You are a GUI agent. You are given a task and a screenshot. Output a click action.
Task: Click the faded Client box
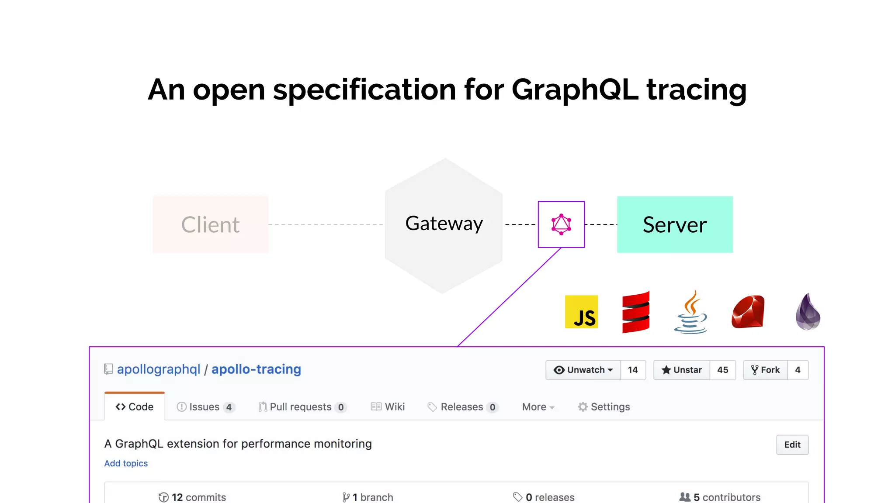(x=211, y=224)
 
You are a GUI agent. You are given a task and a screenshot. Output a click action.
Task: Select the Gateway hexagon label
(x=444, y=224)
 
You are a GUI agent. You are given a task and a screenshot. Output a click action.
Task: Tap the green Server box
(x=675, y=224)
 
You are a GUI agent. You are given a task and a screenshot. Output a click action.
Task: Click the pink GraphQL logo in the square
(x=561, y=224)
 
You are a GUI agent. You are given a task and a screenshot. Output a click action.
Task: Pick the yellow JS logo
(x=581, y=312)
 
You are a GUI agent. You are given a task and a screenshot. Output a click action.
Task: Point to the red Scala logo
(x=636, y=312)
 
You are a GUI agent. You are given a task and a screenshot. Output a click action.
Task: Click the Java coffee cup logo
(x=690, y=313)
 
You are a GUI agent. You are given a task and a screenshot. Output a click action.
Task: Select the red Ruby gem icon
(x=748, y=312)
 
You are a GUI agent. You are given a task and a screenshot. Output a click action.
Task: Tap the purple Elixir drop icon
(x=808, y=312)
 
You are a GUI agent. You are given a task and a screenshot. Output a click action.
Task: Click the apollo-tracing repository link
(x=256, y=369)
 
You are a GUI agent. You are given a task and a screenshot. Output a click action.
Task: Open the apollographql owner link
(x=159, y=369)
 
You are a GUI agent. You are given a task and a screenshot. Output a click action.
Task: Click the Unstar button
(x=682, y=370)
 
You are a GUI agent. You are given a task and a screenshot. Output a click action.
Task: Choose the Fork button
(x=766, y=370)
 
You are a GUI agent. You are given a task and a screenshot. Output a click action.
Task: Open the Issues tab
(x=204, y=407)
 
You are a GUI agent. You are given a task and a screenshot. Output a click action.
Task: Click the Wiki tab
(x=388, y=407)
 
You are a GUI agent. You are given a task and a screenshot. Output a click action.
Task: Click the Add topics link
(x=126, y=463)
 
